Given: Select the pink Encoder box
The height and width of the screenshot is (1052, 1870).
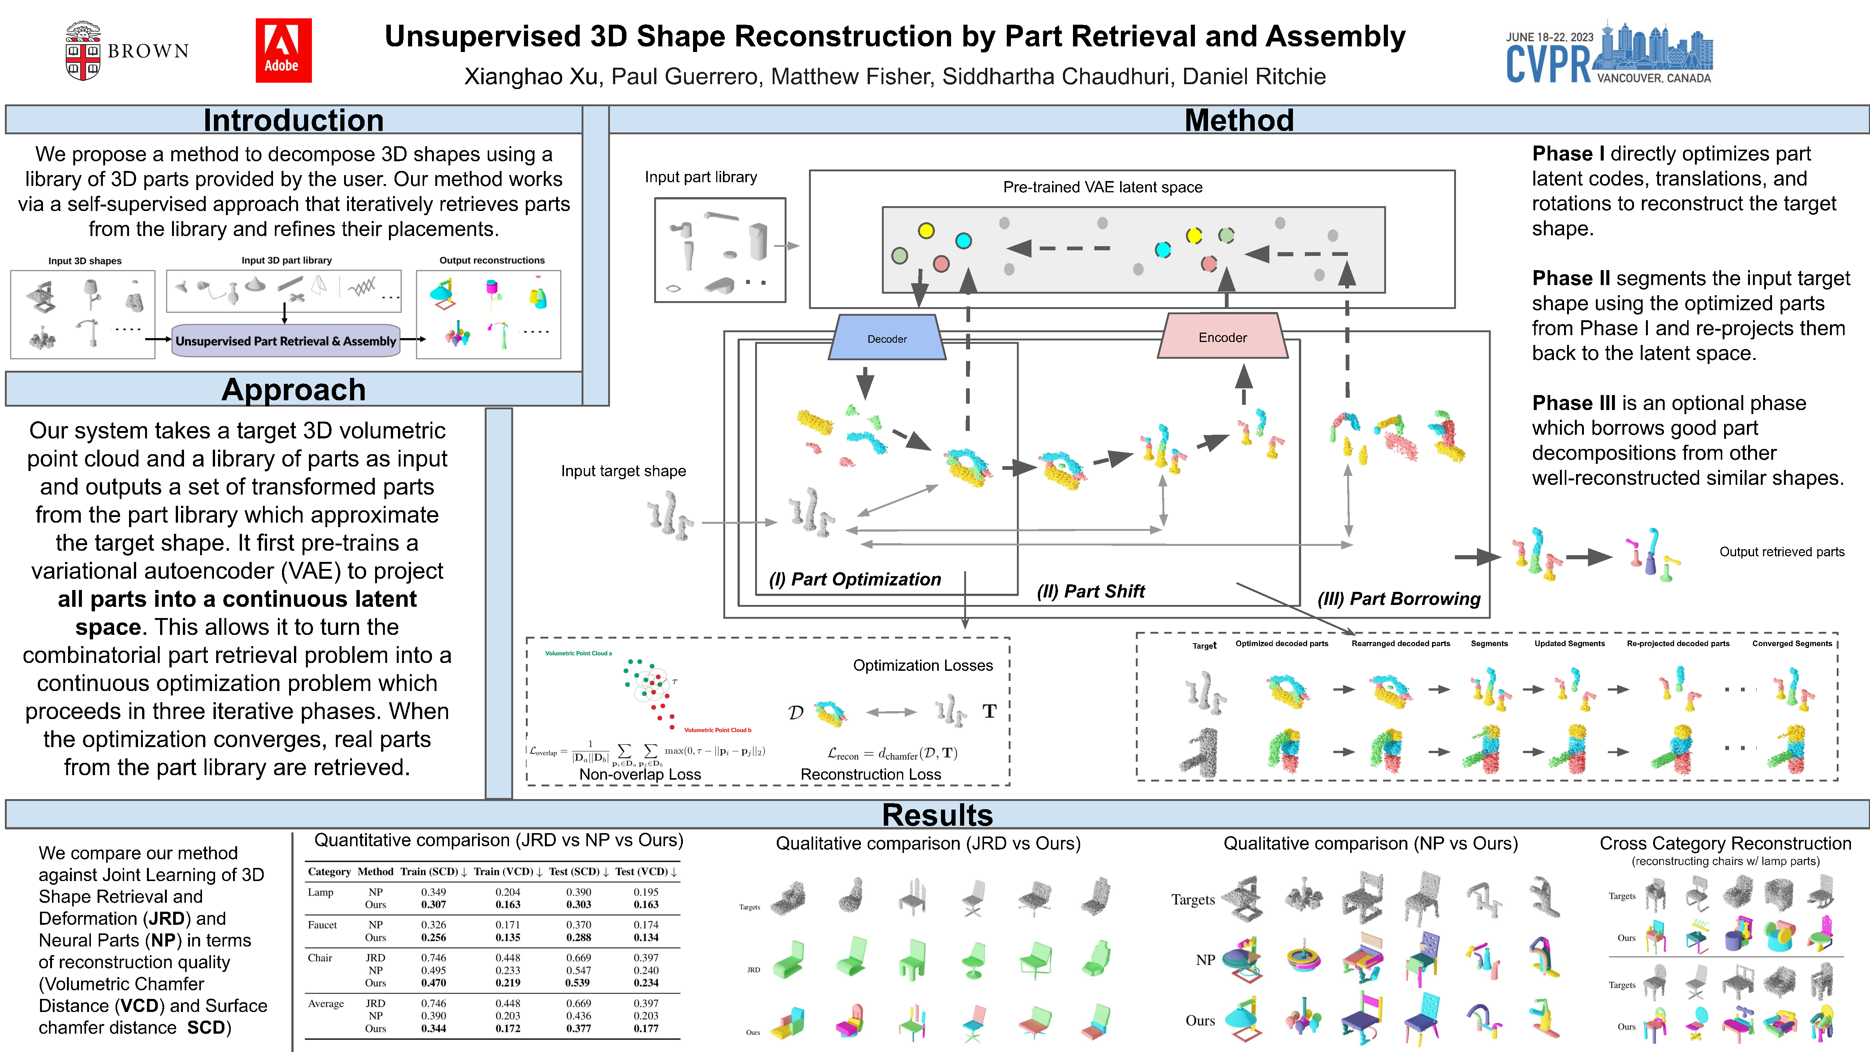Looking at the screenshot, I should [1223, 337].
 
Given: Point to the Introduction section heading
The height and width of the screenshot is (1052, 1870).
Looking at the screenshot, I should [293, 120].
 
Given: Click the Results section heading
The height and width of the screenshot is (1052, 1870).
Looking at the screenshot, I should [936, 814].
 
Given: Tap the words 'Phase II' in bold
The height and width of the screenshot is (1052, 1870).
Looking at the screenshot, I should [1570, 278].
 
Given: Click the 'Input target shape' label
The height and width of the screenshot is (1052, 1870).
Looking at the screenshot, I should [623, 471].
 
